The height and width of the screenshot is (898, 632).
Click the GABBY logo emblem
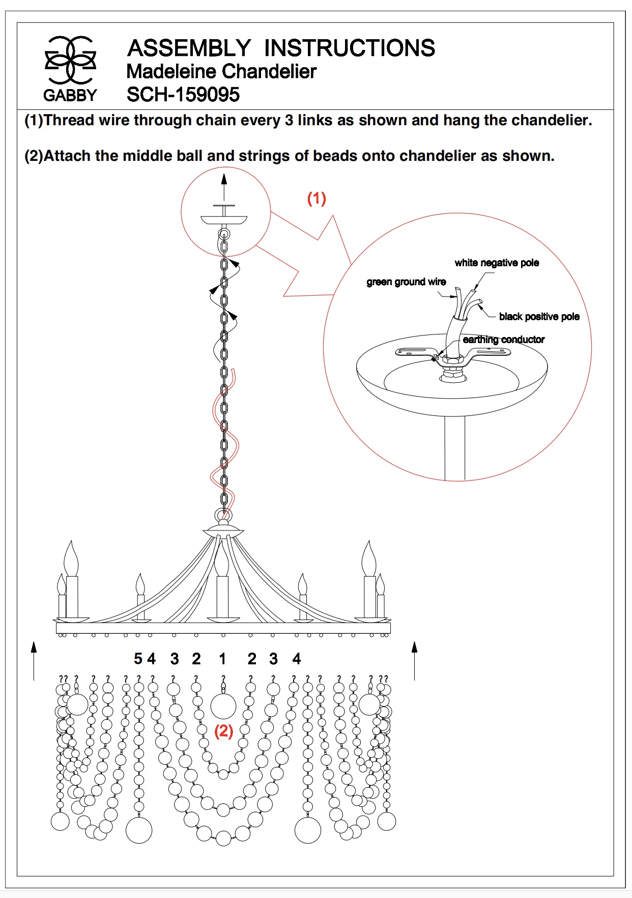[x=70, y=60]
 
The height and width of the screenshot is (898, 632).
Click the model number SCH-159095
[x=183, y=95]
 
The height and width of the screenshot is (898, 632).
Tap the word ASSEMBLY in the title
[x=189, y=48]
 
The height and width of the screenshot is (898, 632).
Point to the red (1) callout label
[x=317, y=198]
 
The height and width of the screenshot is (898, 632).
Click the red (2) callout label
[x=223, y=732]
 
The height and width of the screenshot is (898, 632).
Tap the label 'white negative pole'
[x=497, y=263]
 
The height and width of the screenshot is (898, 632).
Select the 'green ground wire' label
[x=406, y=282]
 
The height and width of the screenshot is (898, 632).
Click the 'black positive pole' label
[x=539, y=317]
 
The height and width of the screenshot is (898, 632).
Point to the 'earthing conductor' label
[x=503, y=340]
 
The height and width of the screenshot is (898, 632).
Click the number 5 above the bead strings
[x=138, y=659]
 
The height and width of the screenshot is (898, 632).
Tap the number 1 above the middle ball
[x=222, y=659]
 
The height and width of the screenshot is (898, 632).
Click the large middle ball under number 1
[x=223, y=706]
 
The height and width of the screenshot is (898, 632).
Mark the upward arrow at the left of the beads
[x=34, y=660]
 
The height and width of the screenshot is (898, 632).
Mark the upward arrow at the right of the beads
[x=415, y=660]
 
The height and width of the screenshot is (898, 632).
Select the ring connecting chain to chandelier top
[x=223, y=515]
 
